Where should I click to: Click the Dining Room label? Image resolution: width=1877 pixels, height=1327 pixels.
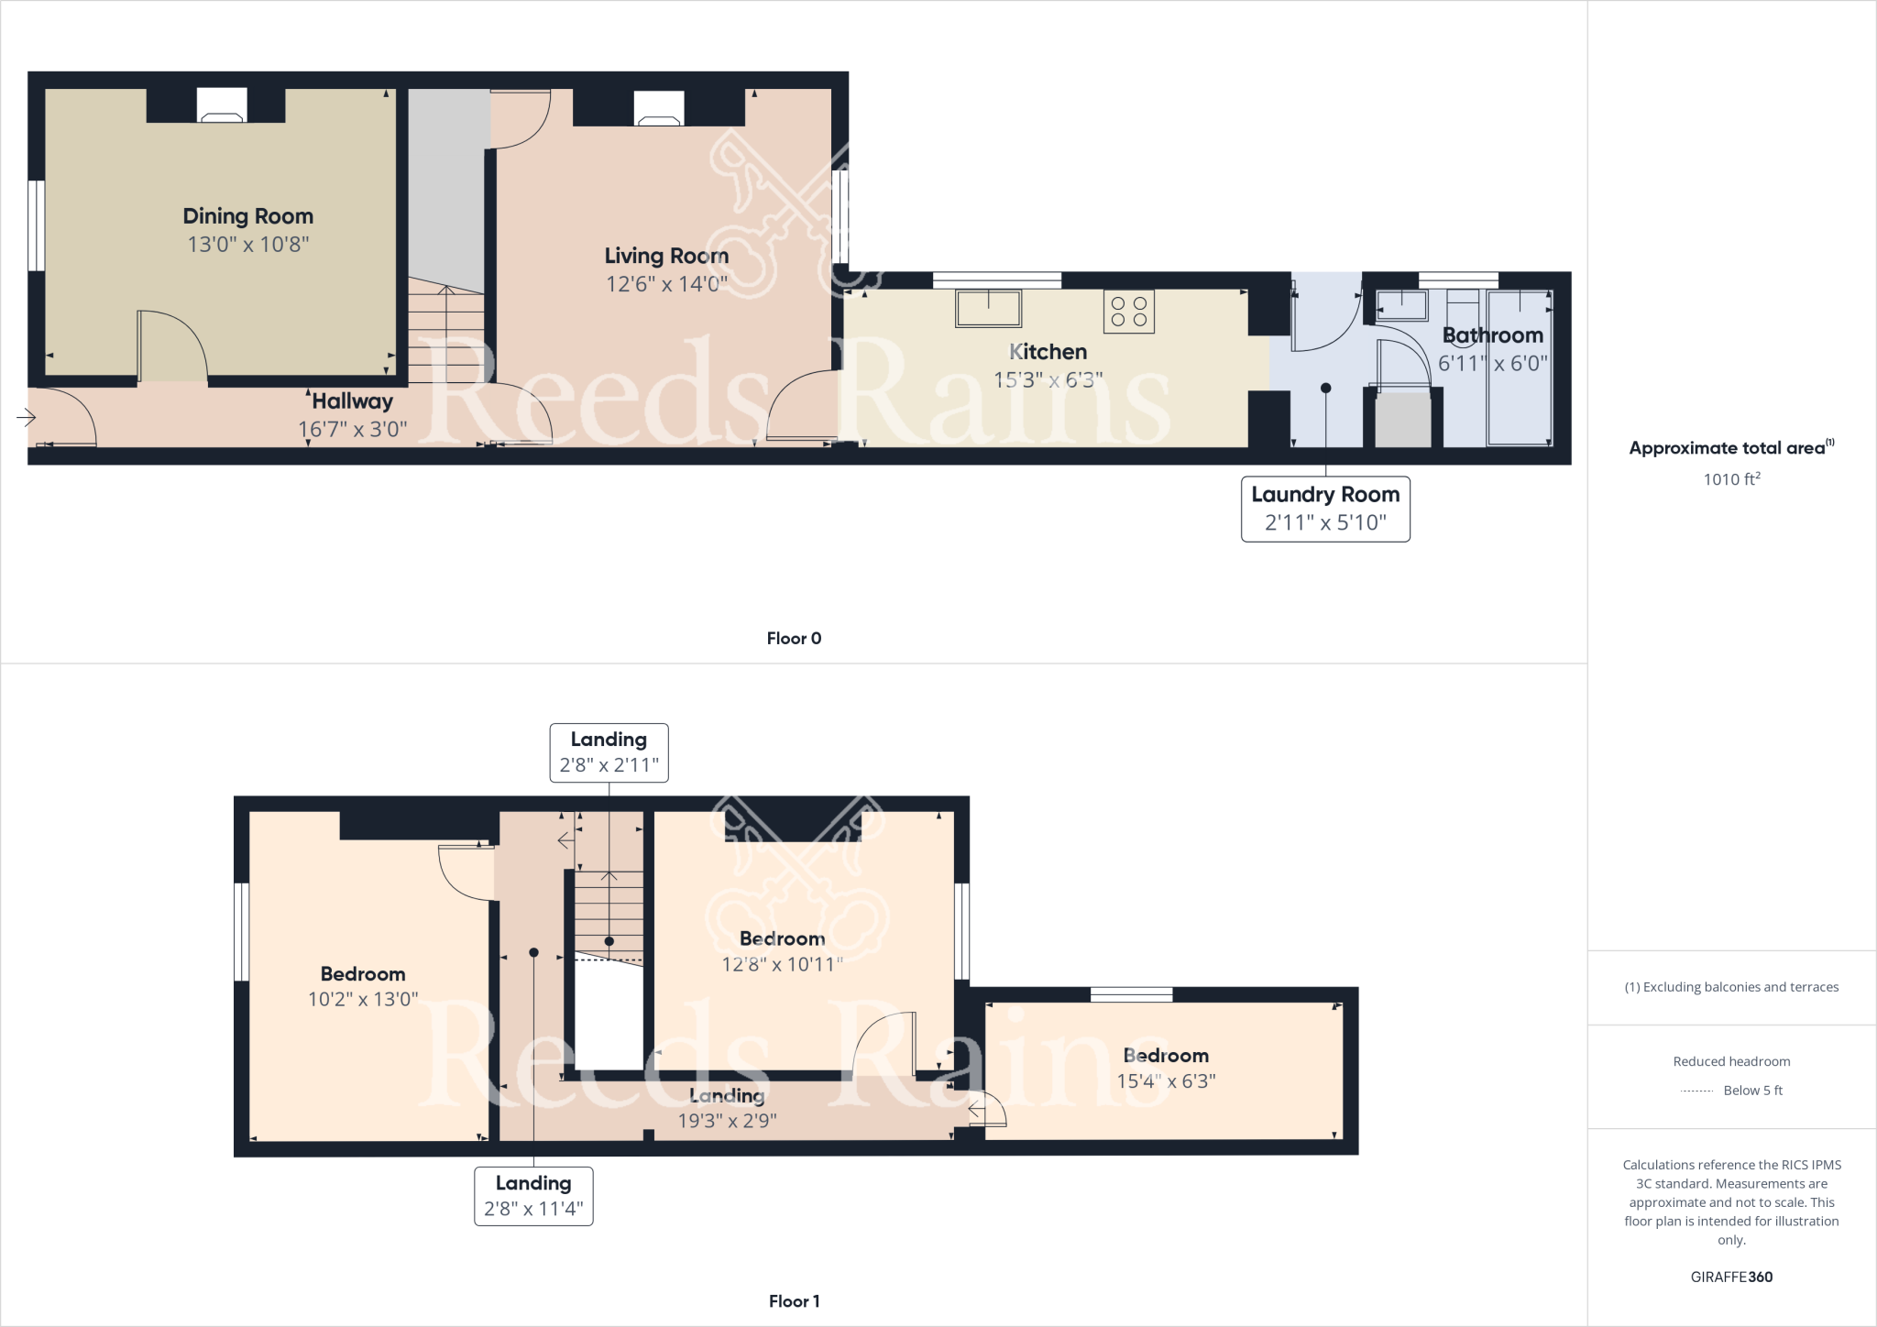tap(247, 216)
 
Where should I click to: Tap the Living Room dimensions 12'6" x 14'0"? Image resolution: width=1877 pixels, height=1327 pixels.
tap(666, 284)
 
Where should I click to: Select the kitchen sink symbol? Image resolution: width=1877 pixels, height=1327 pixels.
tap(988, 308)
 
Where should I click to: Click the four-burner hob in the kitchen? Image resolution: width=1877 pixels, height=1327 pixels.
tap(1128, 312)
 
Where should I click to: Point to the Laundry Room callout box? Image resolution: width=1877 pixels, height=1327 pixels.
tap(1324, 509)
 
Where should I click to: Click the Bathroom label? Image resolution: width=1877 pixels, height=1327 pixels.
tap(1492, 335)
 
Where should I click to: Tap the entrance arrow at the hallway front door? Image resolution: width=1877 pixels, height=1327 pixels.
tap(27, 418)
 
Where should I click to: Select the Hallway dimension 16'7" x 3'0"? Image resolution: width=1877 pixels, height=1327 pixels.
tap(352, 429)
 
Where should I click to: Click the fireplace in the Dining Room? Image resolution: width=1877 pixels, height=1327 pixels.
tap(222, 106)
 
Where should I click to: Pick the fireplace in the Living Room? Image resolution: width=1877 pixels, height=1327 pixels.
tap(659, 109)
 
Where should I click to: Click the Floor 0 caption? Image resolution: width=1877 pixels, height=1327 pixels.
tap(794, 639)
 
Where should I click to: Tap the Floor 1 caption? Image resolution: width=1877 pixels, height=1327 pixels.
tap(794, 1301)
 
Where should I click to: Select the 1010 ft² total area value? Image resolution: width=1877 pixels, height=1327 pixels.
tap(1731, 479)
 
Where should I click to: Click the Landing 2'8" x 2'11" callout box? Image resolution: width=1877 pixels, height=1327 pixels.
tap(609, 752)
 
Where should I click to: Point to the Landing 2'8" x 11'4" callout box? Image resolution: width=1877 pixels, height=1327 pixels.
tap(533, 1196)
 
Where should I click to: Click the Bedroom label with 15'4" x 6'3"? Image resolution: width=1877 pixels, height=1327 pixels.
tap(1165, 1056)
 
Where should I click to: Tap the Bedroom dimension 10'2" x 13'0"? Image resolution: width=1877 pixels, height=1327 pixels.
tap(363, 1000)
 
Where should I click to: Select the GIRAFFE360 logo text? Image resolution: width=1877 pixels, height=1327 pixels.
tap(1730, 1277)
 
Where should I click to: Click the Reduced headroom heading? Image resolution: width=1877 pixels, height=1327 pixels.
tap(1730, 1061)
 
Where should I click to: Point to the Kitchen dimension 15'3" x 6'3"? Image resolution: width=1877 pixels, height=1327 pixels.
tap(1048, 380)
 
